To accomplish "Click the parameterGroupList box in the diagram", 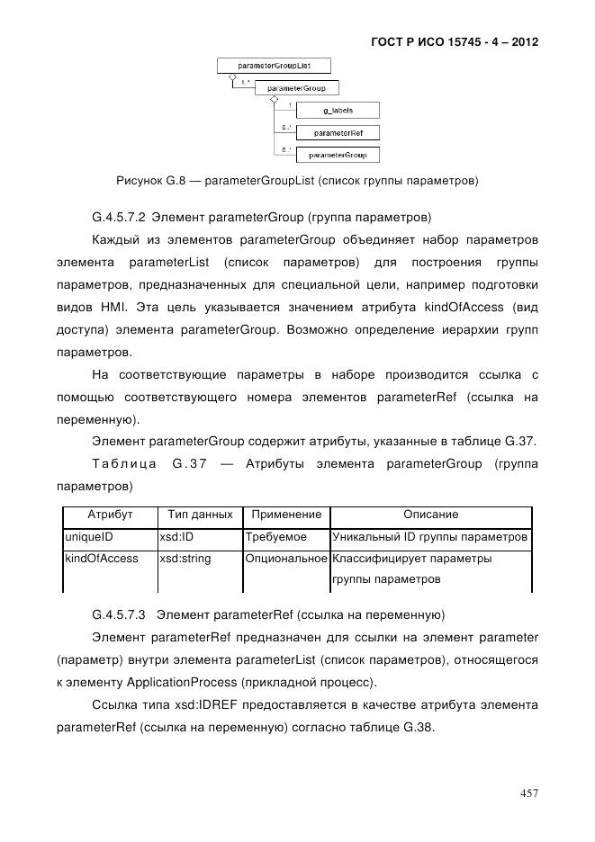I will (x=274, y=66).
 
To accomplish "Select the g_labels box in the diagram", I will (x=338, y=110).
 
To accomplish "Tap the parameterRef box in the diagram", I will (x=338, y=132).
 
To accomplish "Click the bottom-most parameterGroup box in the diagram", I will (x=338, y=155).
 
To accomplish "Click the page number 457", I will (x=528, y=793).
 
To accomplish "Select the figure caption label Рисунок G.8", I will (x=150, y=181).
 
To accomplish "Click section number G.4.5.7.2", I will (x=120, y=217).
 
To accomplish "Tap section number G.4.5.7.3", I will (x=120, y=615).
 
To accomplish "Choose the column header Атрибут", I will (x=110, y=515).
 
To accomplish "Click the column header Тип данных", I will (x=200, y=515).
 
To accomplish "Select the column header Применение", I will (x=286, y=515).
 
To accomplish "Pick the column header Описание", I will (x=430, y=515).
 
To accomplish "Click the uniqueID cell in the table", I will (x=88, y=537).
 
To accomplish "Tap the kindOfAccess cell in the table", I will (x=101, y=559).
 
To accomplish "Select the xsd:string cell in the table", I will (x=185, y=559).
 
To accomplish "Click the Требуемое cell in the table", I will (x=276, y=537).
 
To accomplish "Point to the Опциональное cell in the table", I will (x=286, y=559).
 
